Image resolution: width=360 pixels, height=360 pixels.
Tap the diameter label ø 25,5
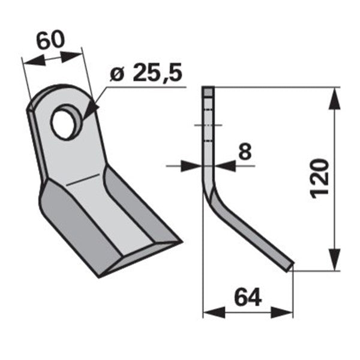(x=146, y=73)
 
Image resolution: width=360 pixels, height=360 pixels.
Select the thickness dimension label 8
(x=245, y=152)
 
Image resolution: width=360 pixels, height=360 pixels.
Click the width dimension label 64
(x=248, y=298)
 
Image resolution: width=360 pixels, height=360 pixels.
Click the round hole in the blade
(x=65, y=122)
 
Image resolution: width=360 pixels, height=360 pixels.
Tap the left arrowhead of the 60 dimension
(x=34, y=61)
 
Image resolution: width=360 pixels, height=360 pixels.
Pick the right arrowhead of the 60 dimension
(x=71, y=56)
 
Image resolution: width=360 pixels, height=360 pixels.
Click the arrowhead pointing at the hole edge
(x=90, y=111)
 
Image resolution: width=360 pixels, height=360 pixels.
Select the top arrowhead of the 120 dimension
(x=334, y=98)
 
